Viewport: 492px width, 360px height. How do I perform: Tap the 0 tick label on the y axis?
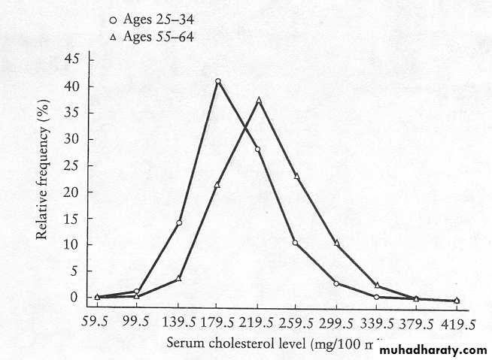pyautogui.click(x=74, y=298)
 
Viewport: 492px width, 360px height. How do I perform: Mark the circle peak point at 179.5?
pyautogui.click(x=218, y=81)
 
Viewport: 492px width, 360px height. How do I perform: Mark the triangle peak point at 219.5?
pyautogui.click(x=259, y=100)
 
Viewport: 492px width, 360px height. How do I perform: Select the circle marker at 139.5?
pyautogui.click(x=179, y=222)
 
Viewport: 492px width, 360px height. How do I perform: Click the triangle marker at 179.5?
pyautogui.click(x=218, y=185)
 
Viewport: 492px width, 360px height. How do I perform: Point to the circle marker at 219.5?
pyautogui.click(x=257, y=150)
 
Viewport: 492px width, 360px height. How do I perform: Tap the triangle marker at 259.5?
pyautogui.click(x=297, y=176)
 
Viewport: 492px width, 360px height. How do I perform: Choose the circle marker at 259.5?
pyautogui.click(x=296, y=243)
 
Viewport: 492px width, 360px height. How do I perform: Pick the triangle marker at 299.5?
pyautogui.click(x=337, y=243)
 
